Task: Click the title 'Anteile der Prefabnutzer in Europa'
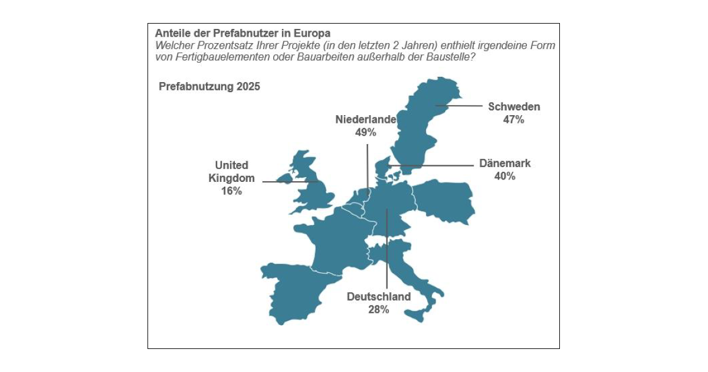(242, 33)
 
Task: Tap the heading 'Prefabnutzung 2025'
(209, 86)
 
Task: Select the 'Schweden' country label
(514, 107)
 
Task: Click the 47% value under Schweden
(514, 119)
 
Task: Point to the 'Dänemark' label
(504, 164)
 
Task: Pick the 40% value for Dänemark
(505, 176)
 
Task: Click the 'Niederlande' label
(366, 119)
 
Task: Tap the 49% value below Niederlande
(366, 132)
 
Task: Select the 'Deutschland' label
(379, 296)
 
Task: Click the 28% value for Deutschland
(379, 309)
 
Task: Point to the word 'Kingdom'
(231, 178)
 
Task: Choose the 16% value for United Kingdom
(231, 191)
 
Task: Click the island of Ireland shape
(285, 177)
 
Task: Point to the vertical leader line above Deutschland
(386, 248)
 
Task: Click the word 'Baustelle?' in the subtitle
(451, 58)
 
